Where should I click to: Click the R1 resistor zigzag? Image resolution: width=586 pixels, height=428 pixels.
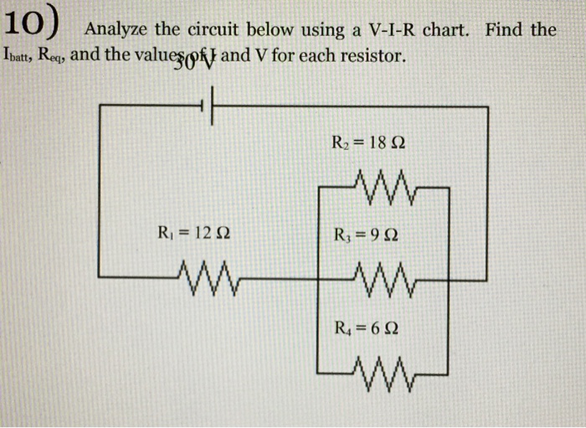[x=205, y=271]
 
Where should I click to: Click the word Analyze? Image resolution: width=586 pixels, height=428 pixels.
[x=117, y=30]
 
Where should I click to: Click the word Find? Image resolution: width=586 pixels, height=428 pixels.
[x=501, y=30]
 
